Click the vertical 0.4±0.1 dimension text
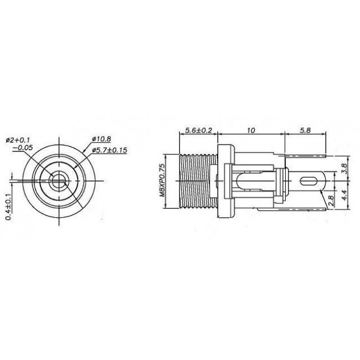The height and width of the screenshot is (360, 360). click(8, 206)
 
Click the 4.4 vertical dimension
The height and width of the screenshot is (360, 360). click(344, 194)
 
